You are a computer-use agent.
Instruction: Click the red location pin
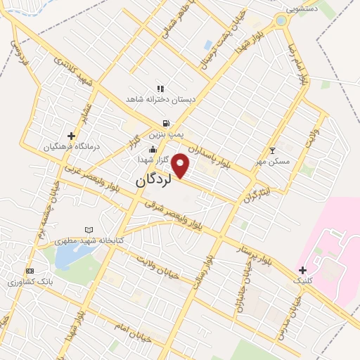tap(181, 166)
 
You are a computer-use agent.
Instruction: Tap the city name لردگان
tap(153, 180)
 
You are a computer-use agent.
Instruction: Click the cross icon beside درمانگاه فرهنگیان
tap(71, 136)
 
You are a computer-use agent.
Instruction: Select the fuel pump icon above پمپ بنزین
tap(166, 123)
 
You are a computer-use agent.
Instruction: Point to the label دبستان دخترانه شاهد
tap(160, 100)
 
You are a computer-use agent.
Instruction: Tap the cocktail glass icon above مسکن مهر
tap(273, 150)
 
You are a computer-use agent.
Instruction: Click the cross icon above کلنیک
tap(302, 270)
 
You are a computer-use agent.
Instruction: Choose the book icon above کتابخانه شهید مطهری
tap(89, 230)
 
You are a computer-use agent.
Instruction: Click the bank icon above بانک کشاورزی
tap(30, 271)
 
